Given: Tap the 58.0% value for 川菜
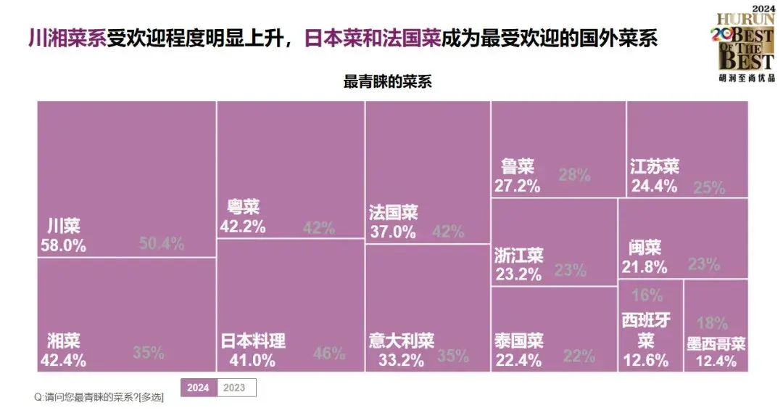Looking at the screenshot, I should [62, 245].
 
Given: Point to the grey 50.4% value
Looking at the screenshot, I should [161, 243].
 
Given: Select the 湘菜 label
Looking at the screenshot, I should [63, 340].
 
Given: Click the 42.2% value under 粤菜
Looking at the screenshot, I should [242, 227].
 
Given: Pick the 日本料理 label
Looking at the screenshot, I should [253, 340].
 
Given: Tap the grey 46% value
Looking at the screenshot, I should [329, 354].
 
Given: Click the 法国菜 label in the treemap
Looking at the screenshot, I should [394, 213].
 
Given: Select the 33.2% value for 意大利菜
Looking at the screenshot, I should [397, 360].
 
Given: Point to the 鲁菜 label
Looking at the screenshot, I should [517, 166].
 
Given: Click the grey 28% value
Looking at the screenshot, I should [575, 175].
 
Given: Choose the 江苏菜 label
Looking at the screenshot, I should [655, 166].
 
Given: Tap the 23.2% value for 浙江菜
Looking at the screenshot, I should [518, 274].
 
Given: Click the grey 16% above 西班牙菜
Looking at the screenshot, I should [647, 295].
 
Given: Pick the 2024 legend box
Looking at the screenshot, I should [198, 388].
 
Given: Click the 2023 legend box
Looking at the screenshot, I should [235, 388].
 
